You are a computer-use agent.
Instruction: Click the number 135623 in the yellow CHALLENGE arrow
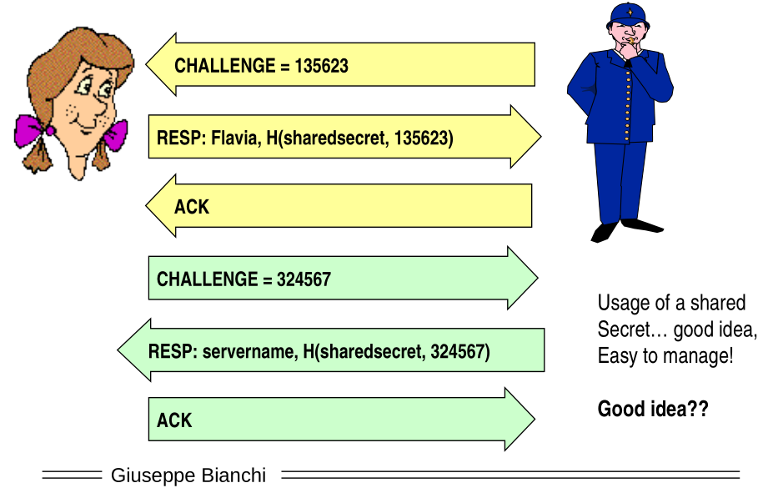coord(321,66)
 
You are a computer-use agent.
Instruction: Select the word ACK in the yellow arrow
coord(192,207)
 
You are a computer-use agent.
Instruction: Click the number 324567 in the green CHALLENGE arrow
coord(304,279)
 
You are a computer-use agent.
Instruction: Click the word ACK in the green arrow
coord(174,420)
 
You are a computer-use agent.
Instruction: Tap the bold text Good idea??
coord(653,409)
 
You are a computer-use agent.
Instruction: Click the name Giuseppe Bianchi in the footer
coord(188,475)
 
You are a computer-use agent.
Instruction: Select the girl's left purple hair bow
coord(30,130)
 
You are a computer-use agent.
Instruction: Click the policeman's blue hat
coord(628,16)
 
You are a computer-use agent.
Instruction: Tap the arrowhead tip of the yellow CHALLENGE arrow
coord(146,64)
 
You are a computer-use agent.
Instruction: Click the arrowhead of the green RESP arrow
coord(133,350)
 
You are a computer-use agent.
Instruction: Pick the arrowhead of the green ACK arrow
coord(520,419)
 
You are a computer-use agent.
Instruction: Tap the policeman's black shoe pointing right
coord(642,225)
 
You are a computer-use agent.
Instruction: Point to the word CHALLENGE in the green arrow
coord(207,279)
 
